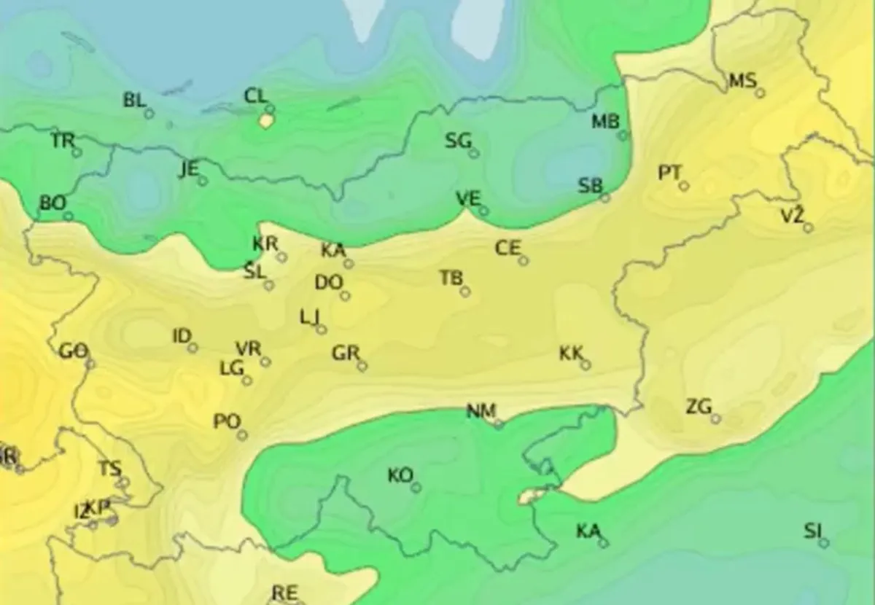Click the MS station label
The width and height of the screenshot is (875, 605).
coord(742,81)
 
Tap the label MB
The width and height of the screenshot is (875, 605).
coord(604,122)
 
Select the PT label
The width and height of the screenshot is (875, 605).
coord(669,173)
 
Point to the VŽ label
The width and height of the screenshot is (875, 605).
coord(792,215)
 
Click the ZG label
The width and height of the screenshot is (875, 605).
coord(699,407)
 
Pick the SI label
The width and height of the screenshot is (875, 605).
coord(812,531)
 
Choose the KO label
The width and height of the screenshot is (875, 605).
coord(400,476)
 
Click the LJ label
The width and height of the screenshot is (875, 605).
coord(310,317)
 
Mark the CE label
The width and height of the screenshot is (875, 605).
coord(507,249)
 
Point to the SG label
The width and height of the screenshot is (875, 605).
coord(459,141)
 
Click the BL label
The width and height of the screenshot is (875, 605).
coord(134,101)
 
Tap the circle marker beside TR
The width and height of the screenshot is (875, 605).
coord(77,152)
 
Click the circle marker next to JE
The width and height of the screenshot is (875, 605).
coord(203,181)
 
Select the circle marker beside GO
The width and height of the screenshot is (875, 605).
coord(91,364)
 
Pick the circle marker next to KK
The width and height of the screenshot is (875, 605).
coord(586,365)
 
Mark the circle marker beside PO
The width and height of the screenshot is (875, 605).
coord(242,435)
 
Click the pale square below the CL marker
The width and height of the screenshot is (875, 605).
coord(265,121)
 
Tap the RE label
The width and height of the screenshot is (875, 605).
coord(284,593)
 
